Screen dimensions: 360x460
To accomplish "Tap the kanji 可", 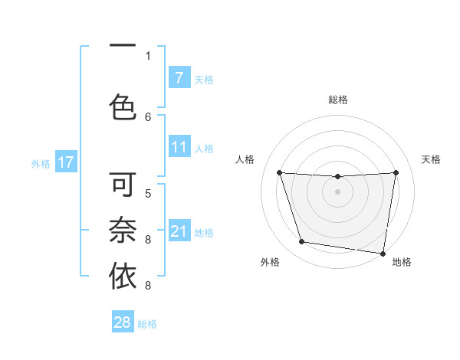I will point(123,185).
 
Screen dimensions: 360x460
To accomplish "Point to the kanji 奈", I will point(123,230).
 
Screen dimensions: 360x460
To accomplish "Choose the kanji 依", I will point(123,276).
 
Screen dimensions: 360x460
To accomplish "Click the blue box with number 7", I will point(179,78).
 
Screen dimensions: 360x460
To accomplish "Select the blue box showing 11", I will point(179,148).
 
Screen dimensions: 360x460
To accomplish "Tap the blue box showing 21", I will point(179,231).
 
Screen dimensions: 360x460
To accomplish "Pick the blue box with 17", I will point(65,162).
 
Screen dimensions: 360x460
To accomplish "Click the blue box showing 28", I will point(123,322).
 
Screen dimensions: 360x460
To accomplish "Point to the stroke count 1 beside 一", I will point(148,55).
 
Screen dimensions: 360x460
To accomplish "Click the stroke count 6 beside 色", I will point(148,116).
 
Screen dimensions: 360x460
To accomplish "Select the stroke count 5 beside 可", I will point(148,193).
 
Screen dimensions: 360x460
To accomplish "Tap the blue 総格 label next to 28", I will point(147,324).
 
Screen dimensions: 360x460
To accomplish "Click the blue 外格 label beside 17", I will point(41,163).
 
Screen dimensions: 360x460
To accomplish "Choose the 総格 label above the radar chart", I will point(338,100).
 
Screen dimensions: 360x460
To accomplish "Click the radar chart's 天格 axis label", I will point(431,159).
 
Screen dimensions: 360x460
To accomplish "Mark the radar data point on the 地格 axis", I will point(383,253).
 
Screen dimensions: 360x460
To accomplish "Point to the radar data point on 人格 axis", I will point(279,172).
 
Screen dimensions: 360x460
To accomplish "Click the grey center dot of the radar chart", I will point(337,191).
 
